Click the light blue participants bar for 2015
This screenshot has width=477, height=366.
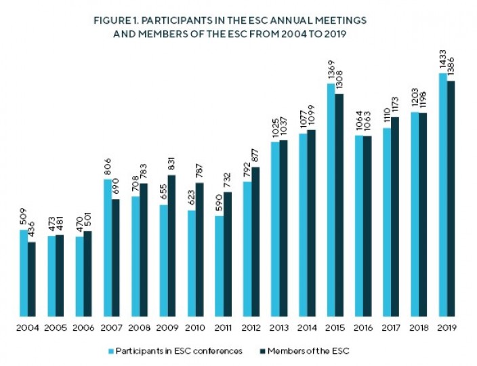tap(331, 200)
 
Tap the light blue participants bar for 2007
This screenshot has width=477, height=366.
tap(108, 247)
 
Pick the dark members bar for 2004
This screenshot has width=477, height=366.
tap(31, 279)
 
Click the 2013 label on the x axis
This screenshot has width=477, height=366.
tap(279, 328)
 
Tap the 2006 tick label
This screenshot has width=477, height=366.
tap(83, 328)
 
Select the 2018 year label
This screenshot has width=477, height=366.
tap(419, 328)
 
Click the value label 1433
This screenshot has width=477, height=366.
tap(442, 60)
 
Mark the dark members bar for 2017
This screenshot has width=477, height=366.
tap(395, 216)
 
